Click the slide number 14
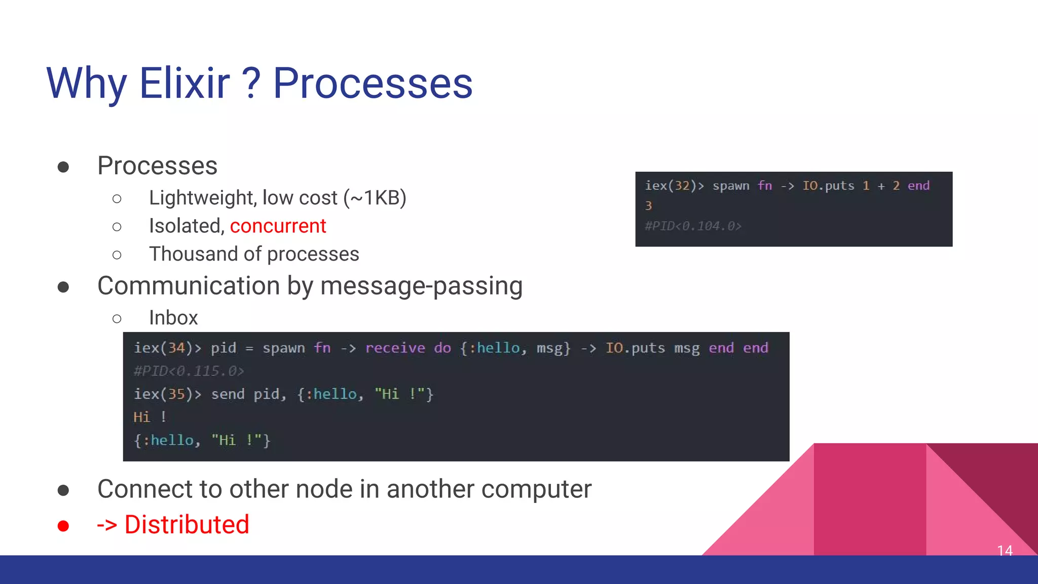(1005, 551)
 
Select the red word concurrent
(278, 226)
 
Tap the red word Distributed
(187, 525)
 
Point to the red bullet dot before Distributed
(63, 526)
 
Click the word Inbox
(173, 318)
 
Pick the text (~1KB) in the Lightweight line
(375, 198)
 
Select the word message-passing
(421, 286)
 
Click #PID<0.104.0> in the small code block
(693, 226)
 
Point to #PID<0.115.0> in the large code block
(189, 371)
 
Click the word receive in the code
(395, 348)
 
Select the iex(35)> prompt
(167, 394)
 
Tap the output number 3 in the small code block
(648, 206)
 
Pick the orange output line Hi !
(150, 417)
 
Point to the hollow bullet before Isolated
(117, 227)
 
